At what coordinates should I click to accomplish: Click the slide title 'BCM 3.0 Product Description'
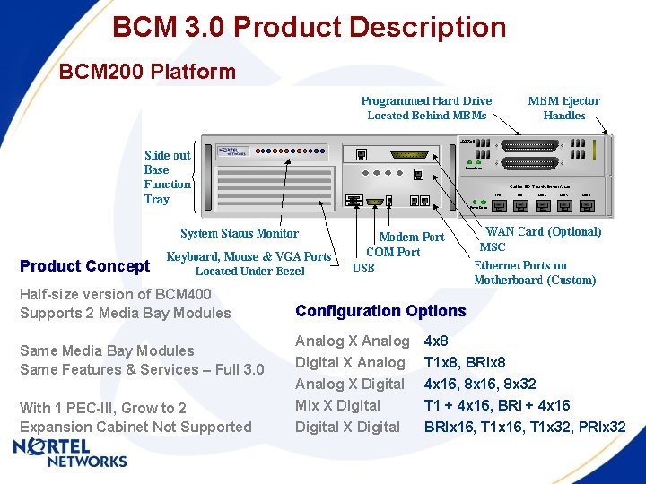309,28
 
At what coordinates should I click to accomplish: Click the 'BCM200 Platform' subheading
147,72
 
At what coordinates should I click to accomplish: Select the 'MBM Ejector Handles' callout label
563,108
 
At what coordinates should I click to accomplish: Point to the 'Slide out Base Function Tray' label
168,177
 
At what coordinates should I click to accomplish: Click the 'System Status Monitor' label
240,233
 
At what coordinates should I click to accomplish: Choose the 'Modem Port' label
411,238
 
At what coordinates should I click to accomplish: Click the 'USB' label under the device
363,268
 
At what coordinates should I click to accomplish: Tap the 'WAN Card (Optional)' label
543,232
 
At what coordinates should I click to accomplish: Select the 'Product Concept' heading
85,266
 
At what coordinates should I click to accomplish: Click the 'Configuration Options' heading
380,311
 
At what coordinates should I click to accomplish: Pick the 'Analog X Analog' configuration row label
352,341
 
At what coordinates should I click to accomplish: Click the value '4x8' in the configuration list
436,341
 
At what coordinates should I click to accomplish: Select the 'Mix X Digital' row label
337,405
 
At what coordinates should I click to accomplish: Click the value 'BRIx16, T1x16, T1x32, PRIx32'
525,427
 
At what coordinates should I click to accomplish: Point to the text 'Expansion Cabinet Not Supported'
135,427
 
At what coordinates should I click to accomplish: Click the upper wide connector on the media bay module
529,145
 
